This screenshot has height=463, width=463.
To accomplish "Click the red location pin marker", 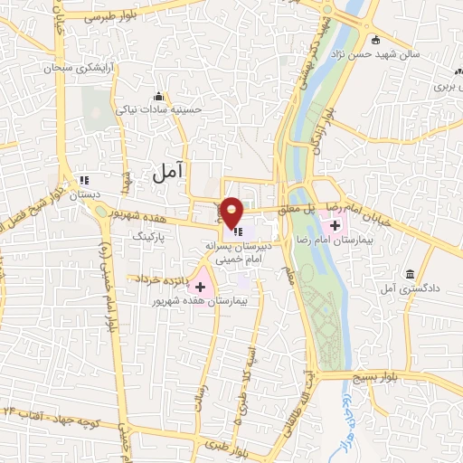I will click(x=232, y=213).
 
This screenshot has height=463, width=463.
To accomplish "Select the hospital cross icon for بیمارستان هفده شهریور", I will click(x=200, y=286).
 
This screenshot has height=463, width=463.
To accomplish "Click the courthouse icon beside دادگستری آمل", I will click(x=411, y=274).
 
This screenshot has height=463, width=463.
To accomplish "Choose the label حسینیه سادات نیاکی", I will click(x=159, y=109).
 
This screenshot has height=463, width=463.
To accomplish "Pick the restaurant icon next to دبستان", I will click(x=84, y=179).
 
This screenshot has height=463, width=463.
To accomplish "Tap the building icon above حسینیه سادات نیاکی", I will click(x=159, y=97).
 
